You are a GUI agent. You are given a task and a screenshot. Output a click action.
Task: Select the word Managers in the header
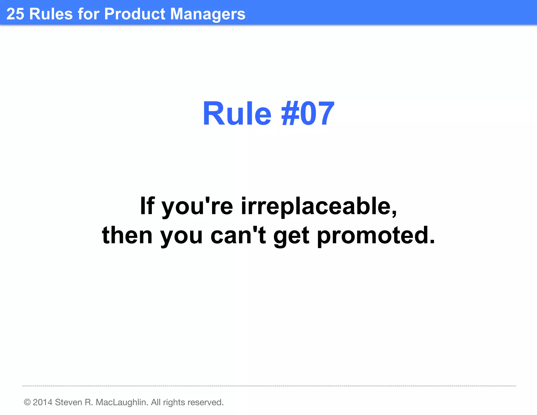(208, 14)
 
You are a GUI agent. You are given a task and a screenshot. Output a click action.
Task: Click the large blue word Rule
(237, 114)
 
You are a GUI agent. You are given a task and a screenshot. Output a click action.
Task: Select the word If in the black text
(147, 206)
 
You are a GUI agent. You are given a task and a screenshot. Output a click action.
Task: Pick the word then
(127, 235)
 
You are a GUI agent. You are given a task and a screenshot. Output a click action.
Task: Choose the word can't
(238, 235)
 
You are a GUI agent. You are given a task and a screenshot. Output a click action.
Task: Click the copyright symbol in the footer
(27, 402)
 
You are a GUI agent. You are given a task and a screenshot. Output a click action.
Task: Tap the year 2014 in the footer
(42, 402)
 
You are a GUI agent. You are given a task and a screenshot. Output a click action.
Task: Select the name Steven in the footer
(68, 402)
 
